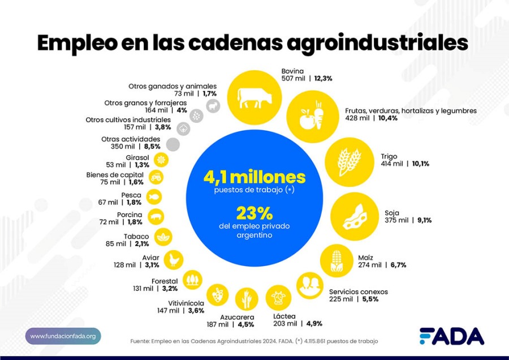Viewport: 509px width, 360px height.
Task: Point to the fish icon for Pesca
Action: pos(154,196)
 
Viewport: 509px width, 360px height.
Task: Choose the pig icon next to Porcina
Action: pos(155,216)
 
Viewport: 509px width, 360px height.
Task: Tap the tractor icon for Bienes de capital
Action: pos(158,177)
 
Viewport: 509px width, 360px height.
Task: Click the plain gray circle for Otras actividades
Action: pos(173,144)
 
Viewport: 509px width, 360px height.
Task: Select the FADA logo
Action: pos(451,336)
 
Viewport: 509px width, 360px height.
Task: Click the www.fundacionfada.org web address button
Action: pos(63,336)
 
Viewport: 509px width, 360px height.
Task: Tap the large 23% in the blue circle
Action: pos(255,213)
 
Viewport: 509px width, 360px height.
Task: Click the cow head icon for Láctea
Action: pos(278,298)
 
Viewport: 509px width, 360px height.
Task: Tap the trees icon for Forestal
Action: pos(193,279)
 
